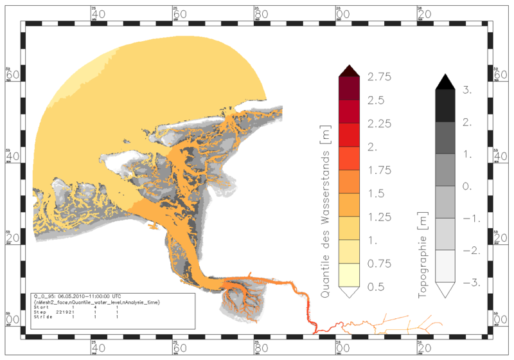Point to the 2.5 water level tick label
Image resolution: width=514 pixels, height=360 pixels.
point(376,100)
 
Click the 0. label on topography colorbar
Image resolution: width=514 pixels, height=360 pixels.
point(468,186)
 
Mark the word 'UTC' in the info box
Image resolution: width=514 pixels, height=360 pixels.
point(116,296)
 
